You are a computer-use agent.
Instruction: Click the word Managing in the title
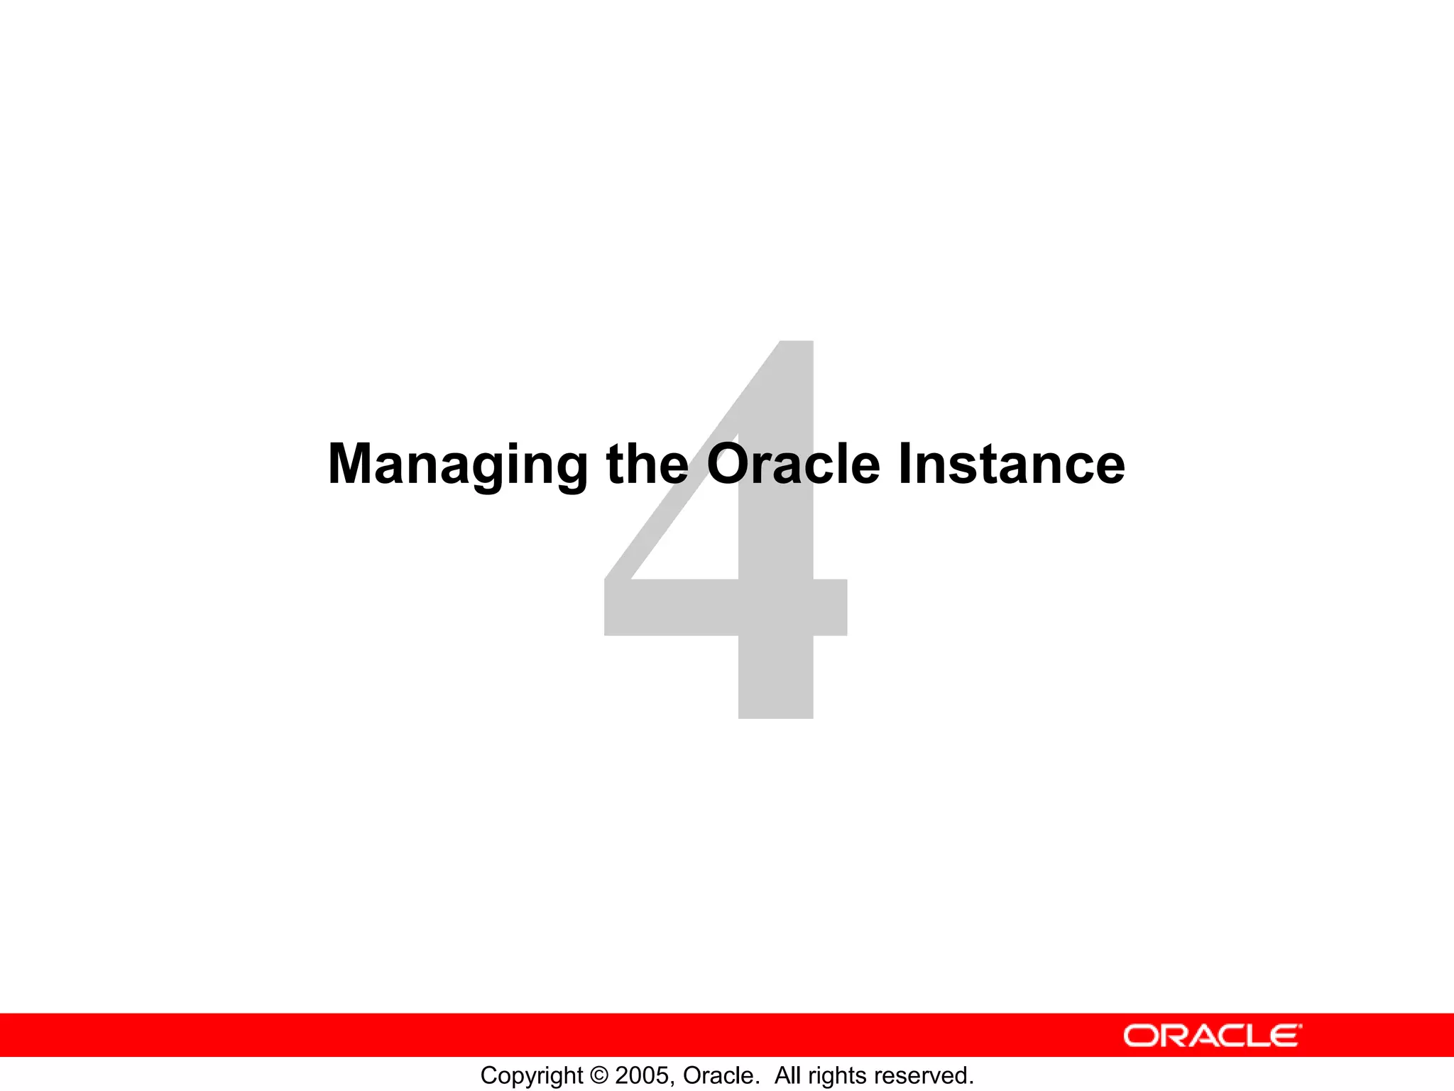coord(457,465)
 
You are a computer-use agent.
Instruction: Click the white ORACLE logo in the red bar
coord(1212,1036)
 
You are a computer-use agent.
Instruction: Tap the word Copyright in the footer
coord(531,1075)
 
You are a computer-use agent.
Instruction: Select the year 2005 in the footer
coord(641,1075)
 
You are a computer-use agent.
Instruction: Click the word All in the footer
coord(787,1075)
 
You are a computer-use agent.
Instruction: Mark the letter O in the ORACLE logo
coord(1140,1036)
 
